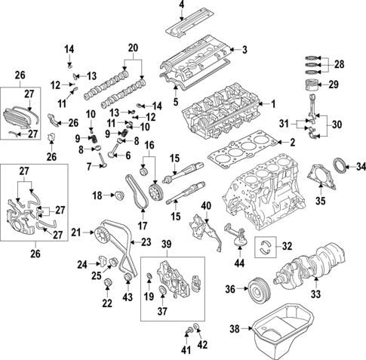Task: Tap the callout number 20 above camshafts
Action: coord(134,48)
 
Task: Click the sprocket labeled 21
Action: coord(101,232)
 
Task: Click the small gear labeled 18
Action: coord(116,196)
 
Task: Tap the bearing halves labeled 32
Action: coord(265,245)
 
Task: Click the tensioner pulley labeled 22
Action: coord(107,283)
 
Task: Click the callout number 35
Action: coord(320,202)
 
